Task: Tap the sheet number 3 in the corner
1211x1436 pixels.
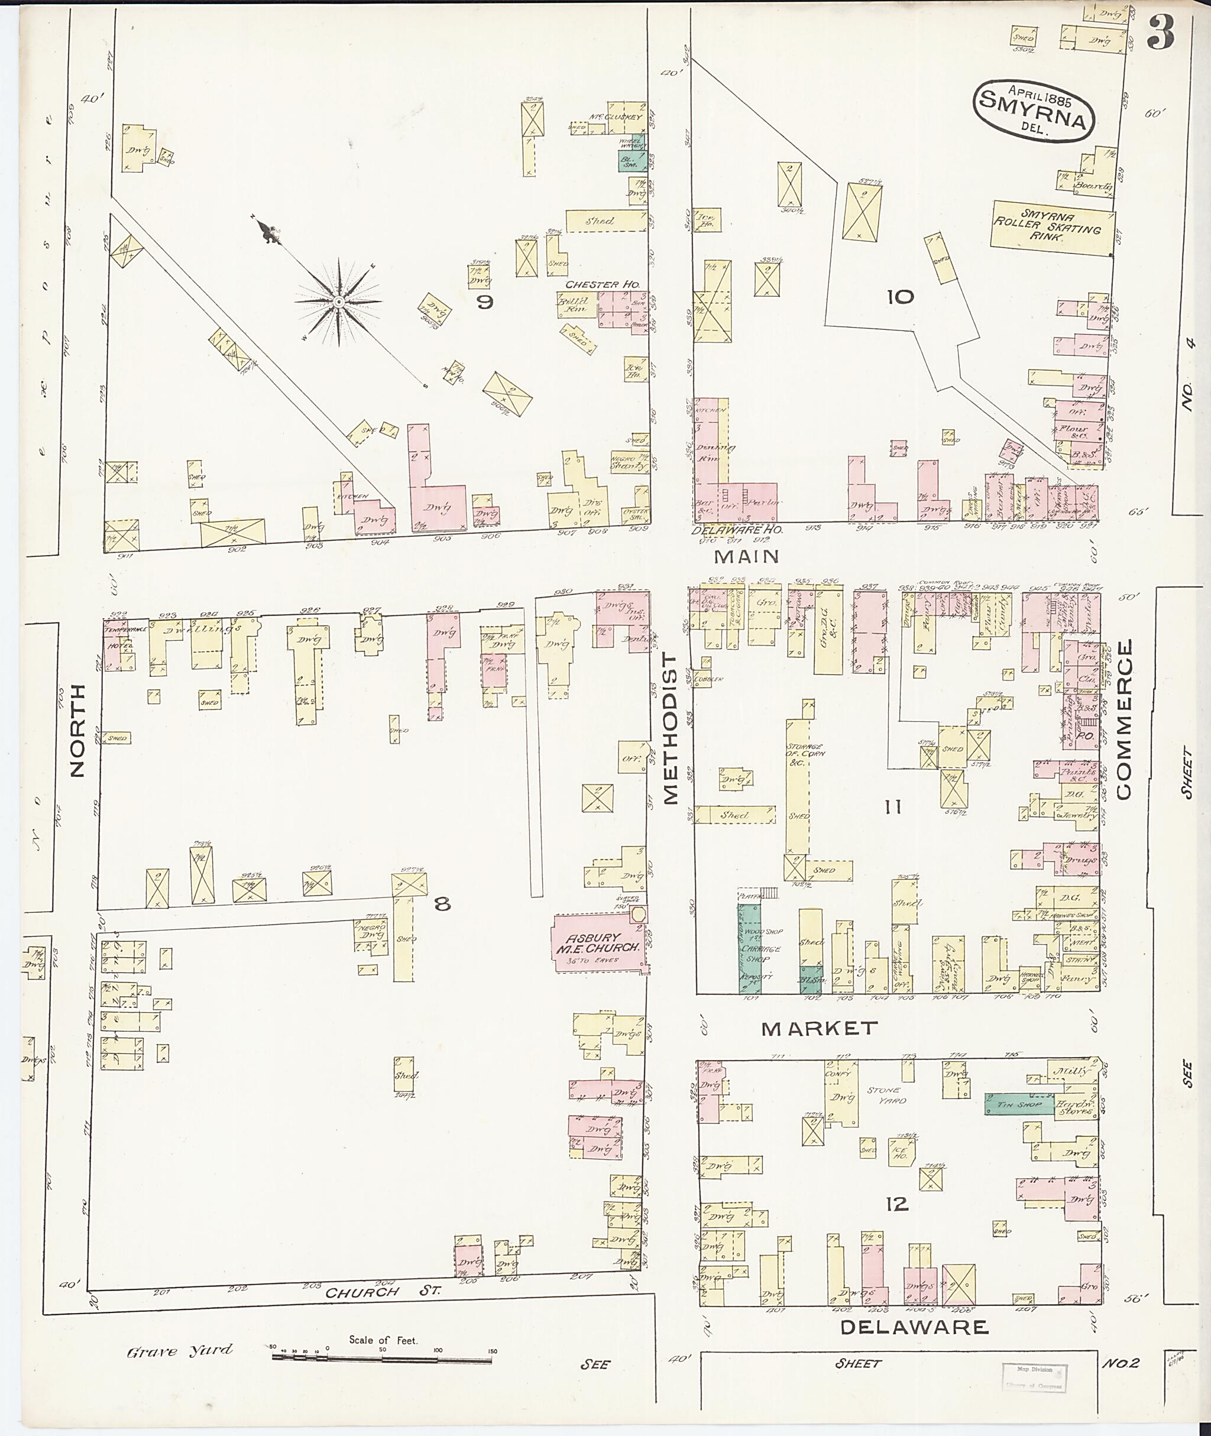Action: point(1160,33)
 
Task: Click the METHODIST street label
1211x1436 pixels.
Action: point(670,728)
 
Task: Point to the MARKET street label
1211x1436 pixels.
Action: point(820,1028)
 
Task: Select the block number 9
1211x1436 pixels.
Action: point(485,302)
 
